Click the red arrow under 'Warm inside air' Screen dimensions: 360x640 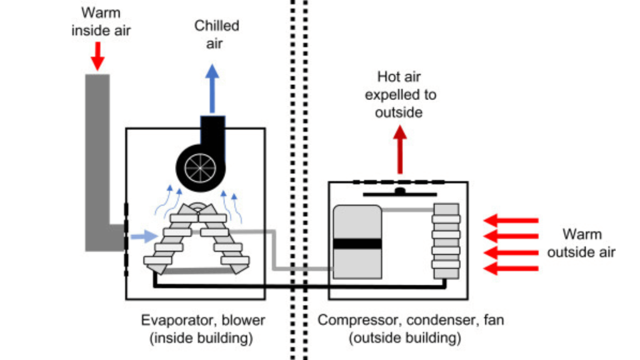click(x=97, y=57)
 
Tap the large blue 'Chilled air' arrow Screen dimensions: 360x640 click(x=212, y=87)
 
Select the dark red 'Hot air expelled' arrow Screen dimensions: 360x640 click(x=400, y=150)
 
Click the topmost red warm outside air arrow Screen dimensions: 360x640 click(x=512, y=220)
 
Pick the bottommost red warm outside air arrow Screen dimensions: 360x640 click(x=512, y=269)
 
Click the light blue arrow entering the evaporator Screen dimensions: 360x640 click(x=144, y=237)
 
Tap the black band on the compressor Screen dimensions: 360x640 click(x=357, y=244)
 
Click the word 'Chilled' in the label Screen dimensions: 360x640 click(x=216, y=26)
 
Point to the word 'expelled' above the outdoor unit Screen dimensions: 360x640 click(x=401, y=95)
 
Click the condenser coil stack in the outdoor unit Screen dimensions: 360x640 click(x=446, y=241)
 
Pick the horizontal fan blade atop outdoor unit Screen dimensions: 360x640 click(x=400, y=194)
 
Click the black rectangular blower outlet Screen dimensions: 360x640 click(x=212, y=128)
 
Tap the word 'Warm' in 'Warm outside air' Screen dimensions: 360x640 click(x=582, y=234)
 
